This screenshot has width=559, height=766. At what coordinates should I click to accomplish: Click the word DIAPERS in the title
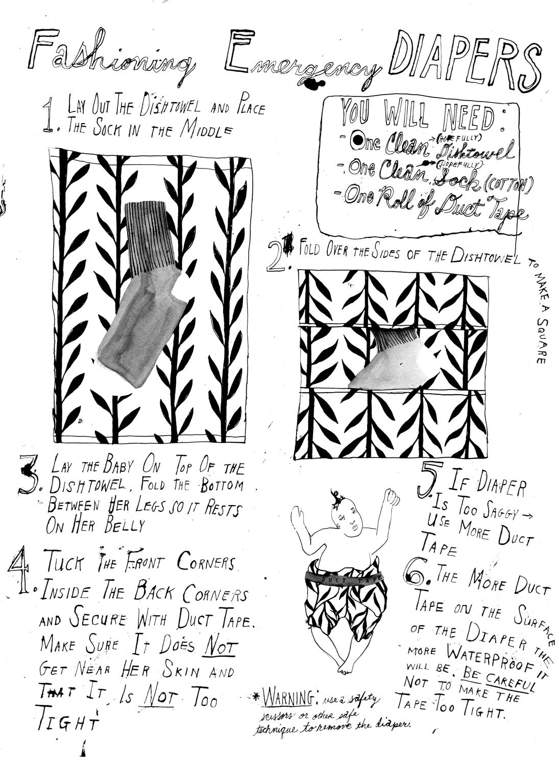[x=467, y=62]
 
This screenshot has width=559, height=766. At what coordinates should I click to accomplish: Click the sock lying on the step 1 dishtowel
[x=142, y=294]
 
